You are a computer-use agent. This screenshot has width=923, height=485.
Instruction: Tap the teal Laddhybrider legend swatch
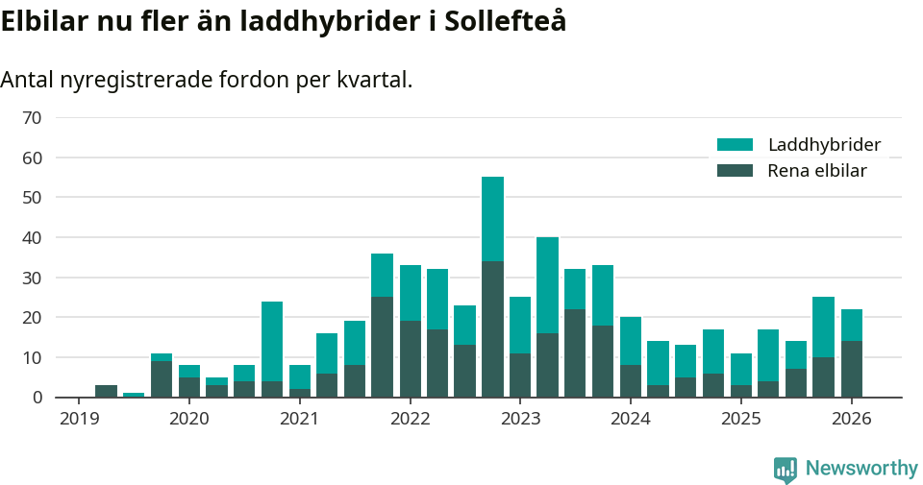[x=735, y=145]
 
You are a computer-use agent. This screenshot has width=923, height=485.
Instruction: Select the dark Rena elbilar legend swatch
[x=735, y=171]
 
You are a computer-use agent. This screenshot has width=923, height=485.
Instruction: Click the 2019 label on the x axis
[x=78, y=419]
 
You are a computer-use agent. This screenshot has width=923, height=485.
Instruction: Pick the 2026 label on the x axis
[x=852, y=419]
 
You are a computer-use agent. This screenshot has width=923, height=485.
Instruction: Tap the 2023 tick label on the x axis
[x=520, y=419]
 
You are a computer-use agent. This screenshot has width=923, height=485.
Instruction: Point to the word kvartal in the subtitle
[x=373, y=80]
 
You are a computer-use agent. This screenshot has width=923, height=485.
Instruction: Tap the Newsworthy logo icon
[x=785, y=469]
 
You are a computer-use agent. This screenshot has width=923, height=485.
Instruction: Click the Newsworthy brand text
[x=861, y=469]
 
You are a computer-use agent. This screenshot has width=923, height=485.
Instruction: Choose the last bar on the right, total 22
[x=852, y=352]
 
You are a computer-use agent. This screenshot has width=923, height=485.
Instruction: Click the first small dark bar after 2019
[x=106, y=391]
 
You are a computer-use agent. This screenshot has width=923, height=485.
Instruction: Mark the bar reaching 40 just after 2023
[x=547, y=317]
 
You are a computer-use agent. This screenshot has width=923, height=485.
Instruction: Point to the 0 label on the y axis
[x=37, y=398]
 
